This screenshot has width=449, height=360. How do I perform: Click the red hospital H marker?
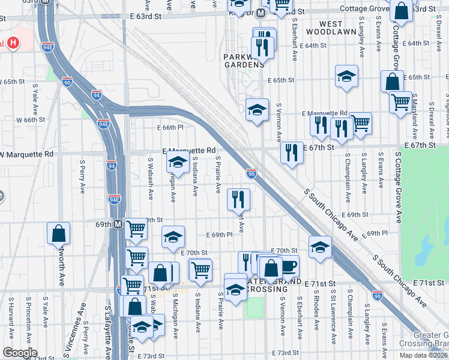click(x=11, y=43)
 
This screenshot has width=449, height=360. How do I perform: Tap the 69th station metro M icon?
click(x=118, y=224)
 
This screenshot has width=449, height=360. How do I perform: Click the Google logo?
click(x=20, y=352)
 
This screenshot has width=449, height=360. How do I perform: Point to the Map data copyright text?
click(x=424, y=355)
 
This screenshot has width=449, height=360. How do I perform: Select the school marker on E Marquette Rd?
click(x=178, y=162)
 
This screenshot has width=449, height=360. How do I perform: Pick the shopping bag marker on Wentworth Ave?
click(x=59, y=233)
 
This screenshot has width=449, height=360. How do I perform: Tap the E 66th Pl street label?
click(x=170, y=127)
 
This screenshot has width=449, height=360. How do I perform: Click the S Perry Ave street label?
click(x=82, y=177)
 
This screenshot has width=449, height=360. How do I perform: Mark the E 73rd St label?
click(x=285, y=353)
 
